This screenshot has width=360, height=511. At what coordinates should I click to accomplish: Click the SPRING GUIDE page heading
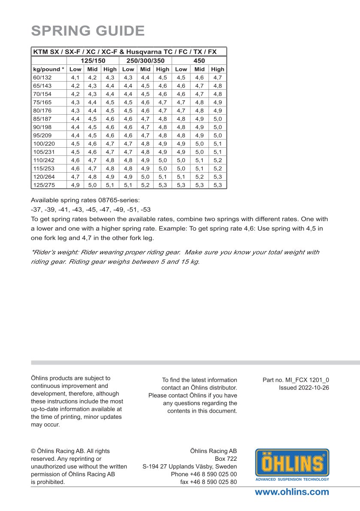click(x=88, y=31)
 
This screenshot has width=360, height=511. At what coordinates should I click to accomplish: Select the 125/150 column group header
click(x=93, y=61)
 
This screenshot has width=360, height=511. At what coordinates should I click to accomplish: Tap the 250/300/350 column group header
click(x=145, y=61)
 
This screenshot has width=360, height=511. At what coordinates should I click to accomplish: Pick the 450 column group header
click(x=199, y=61)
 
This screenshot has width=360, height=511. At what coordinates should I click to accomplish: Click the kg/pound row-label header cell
click(x=48, y=69)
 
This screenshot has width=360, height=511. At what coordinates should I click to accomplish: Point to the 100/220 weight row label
click(x=44, y=143)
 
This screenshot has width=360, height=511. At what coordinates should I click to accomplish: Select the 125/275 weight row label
click(x=44, y=185)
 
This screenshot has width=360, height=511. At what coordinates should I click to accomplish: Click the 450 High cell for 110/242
click(x=218, y=160)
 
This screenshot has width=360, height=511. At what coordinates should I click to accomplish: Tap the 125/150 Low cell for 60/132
click(x=76, y=77)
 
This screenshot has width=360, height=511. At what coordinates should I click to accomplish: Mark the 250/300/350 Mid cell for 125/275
click(x=145, y=185)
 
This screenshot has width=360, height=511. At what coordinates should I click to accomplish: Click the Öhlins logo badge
click(x=292, y=465)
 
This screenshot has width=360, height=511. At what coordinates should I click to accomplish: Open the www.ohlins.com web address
click(x=292, y=492)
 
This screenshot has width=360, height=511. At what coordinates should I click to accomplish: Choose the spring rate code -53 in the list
click(x=146, y=209)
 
